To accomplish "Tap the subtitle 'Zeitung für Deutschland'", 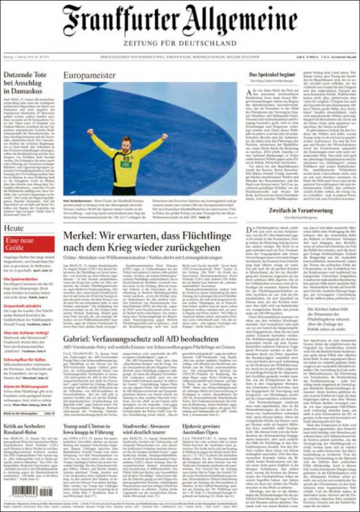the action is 180,44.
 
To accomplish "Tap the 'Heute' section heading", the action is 14,228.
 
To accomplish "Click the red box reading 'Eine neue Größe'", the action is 22,245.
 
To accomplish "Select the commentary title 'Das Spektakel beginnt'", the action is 272,74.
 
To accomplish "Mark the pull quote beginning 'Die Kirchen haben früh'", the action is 329,319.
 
